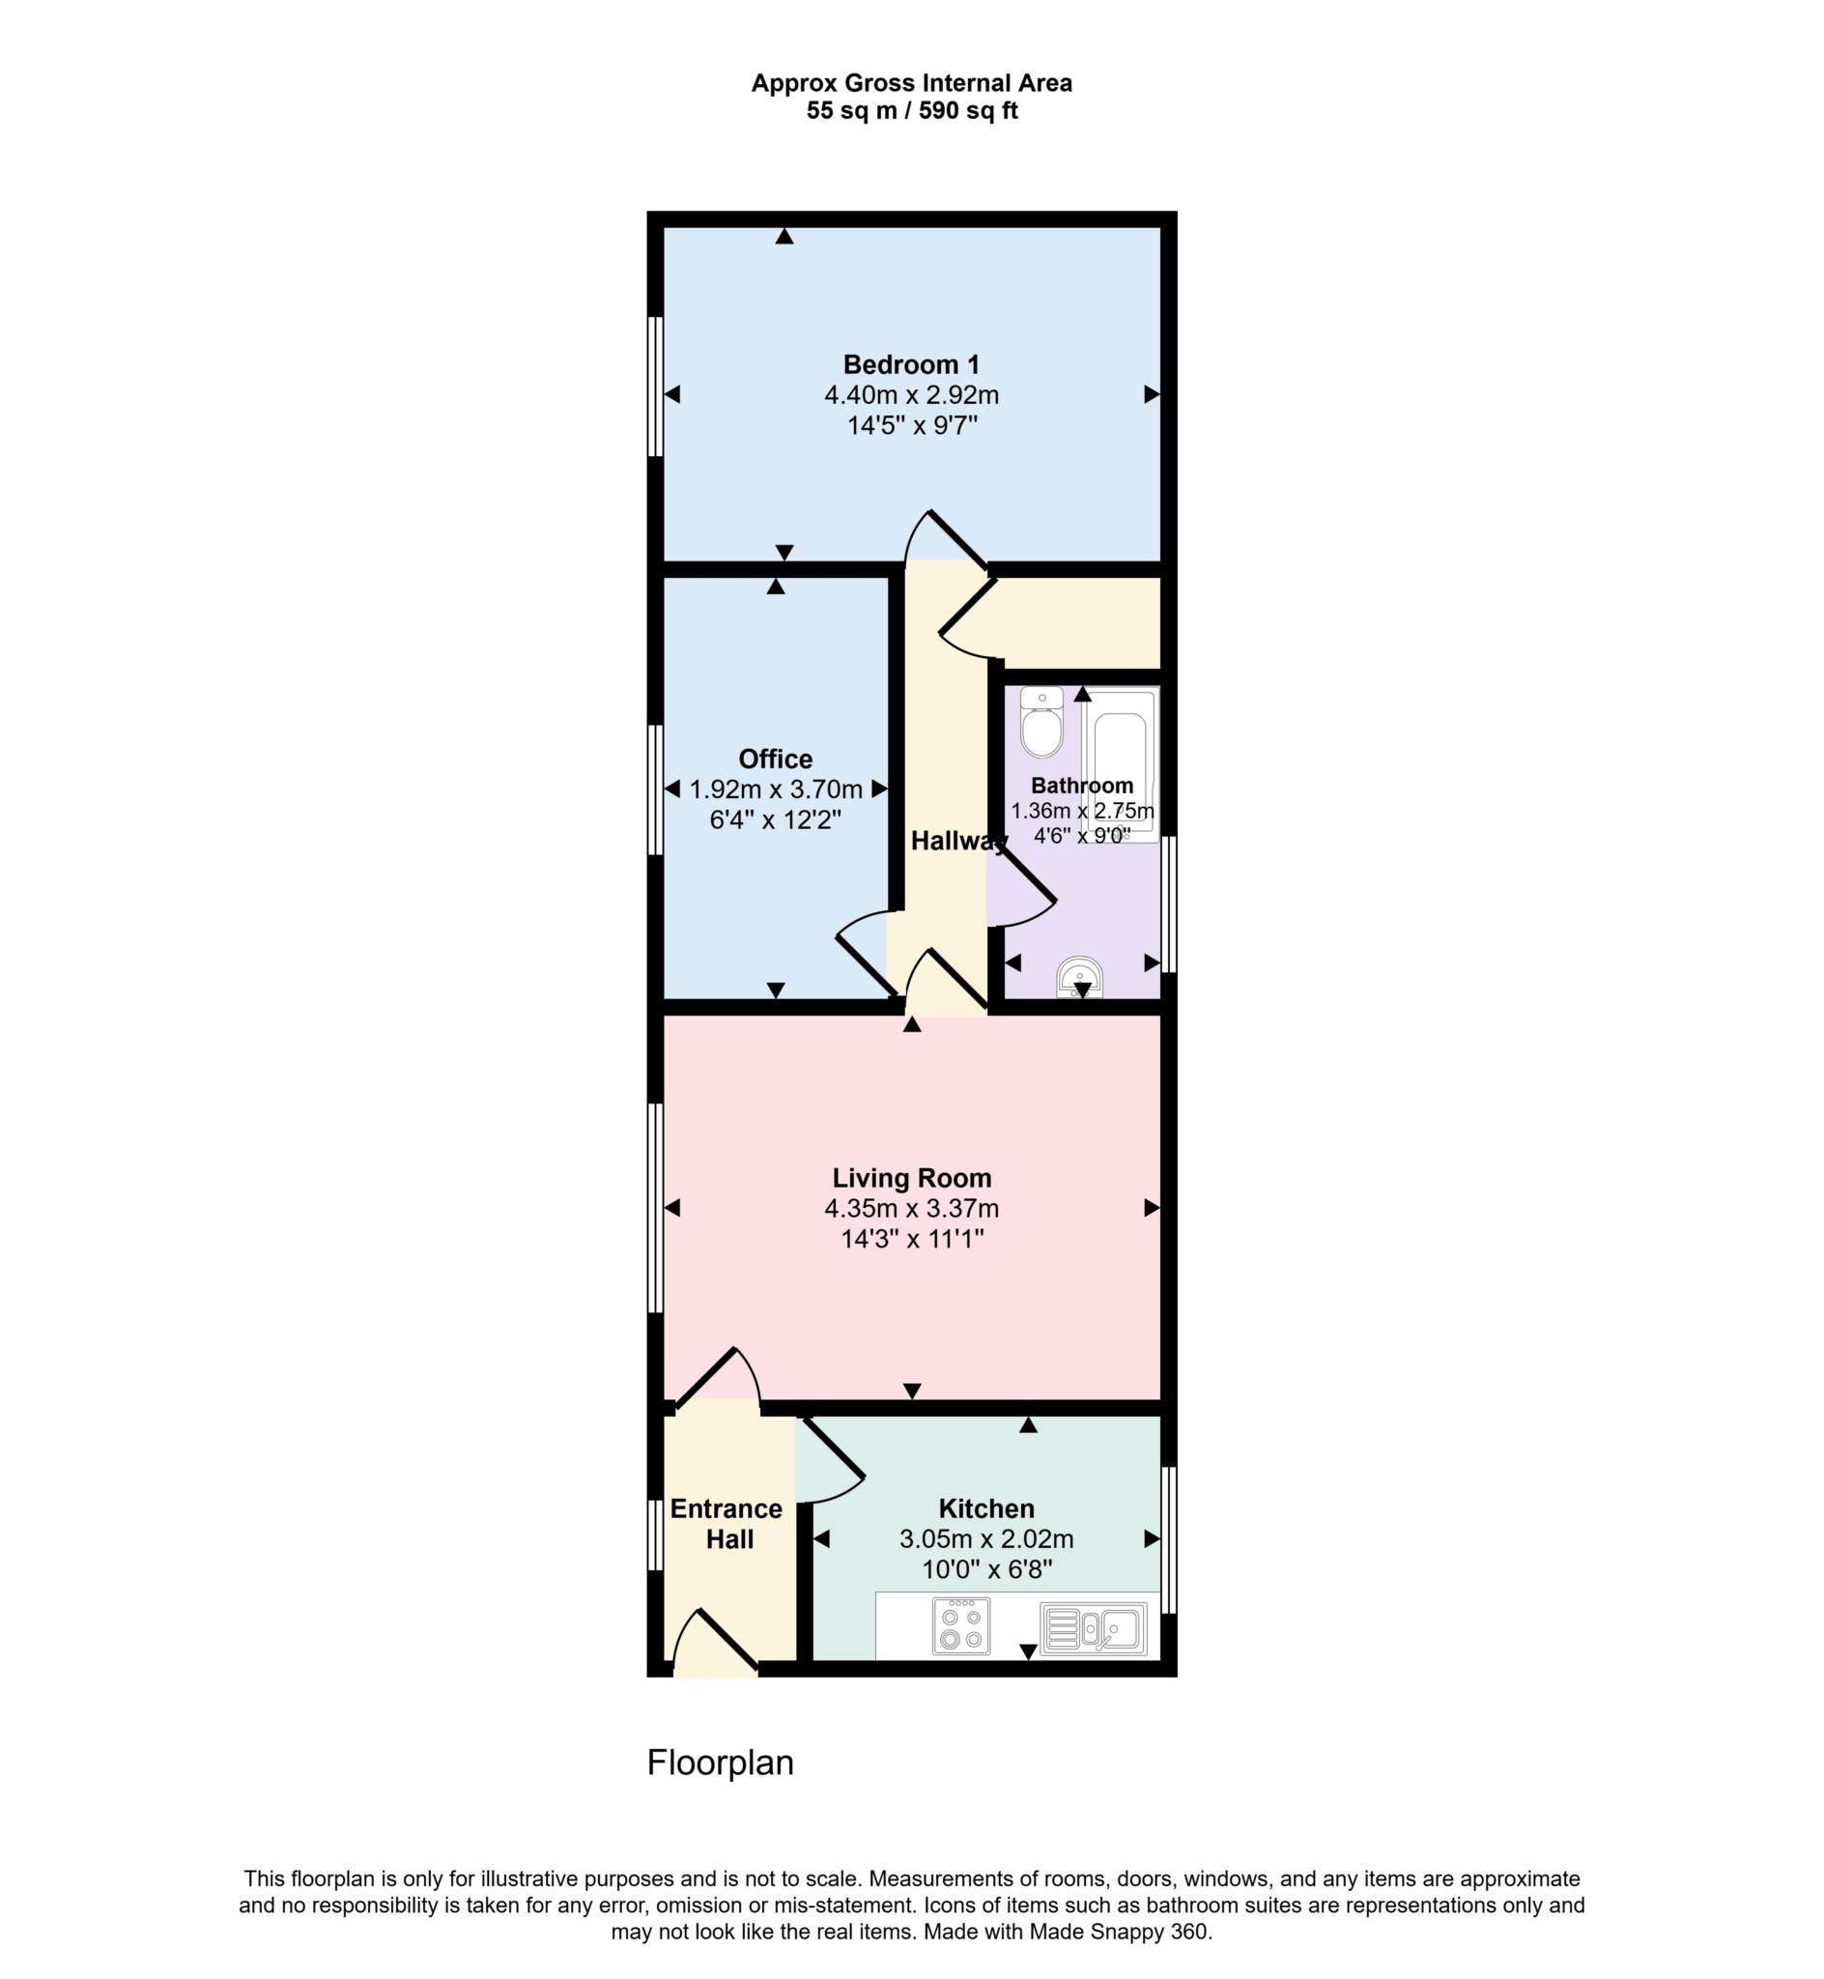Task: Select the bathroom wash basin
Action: coord(1081,977)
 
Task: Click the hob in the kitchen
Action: coord(960,1625)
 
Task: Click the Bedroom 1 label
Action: coord(911,365)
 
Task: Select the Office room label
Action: coord(776,759)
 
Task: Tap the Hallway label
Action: coord(957,841)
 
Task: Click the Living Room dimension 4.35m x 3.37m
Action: coord(911,1208)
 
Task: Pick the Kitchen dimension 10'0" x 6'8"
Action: coord(986,1569)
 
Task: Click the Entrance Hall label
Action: coord(727,1524)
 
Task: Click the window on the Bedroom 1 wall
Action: coord(654,387)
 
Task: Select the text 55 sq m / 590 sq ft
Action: coord(911,110)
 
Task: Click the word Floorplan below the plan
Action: coord(720,1763)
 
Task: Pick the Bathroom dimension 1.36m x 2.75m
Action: coord(1082,812)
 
